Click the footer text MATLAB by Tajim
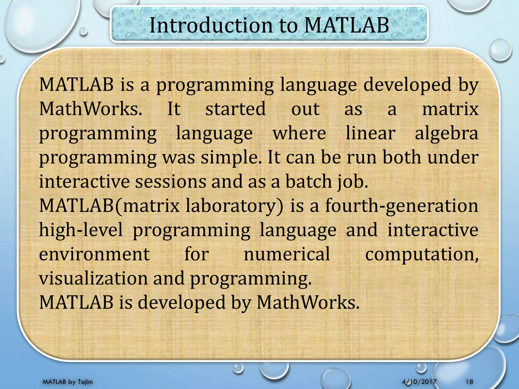68,382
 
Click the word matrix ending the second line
450,109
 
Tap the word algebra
447,133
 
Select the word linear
370,133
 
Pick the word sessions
171,182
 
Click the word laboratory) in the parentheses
234,206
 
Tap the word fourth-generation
402,206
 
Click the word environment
94,254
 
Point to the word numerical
287,254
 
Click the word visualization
94,278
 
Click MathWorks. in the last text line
308,302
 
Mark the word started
235,109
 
